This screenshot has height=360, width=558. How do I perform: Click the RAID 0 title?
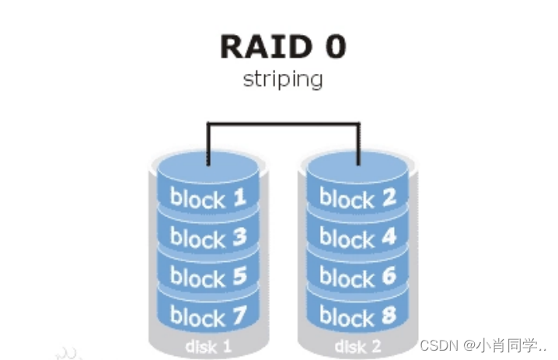[282, 47]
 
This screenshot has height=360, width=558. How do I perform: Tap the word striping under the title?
[282, 79]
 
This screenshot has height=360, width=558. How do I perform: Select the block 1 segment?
[208, 197]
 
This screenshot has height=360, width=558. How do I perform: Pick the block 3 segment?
[208, 236]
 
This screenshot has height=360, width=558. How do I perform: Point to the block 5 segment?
[208, 275]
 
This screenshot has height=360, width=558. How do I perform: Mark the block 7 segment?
[208, 315]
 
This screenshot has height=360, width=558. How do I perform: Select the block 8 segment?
[357, 315]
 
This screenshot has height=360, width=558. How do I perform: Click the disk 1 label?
[208, 344]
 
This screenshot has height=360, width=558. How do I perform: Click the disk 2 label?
[357, 344]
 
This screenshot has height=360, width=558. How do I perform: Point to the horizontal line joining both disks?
[283, 122]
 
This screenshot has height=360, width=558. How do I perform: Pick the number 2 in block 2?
[387, 197]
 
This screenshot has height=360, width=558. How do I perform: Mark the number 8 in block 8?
[387, 315]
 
